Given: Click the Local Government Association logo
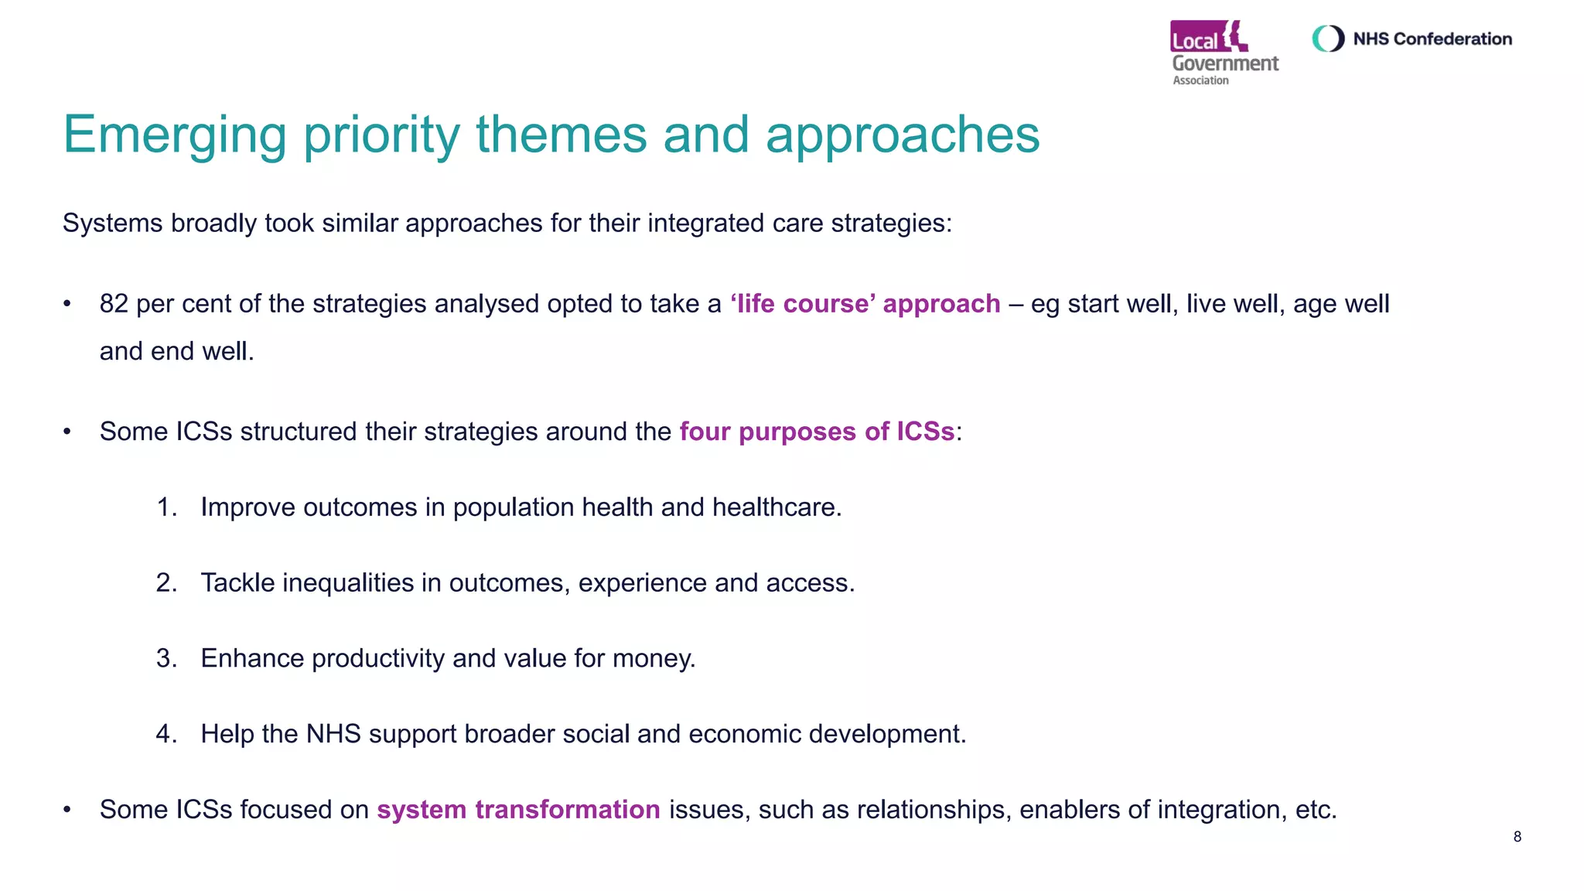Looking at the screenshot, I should pyautogui.click(x=1224, y=53).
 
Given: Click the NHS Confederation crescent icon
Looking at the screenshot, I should pyautogui.click(x=1328, y=39).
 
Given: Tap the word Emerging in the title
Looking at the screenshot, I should pyautogui.click(x=175, y=135).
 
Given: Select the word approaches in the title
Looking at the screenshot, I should pyautogui.click(x=903, y=135).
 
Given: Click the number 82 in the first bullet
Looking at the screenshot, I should pyautogui.click(x=114, y=304).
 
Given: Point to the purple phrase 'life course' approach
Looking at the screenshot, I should pyautogui.click(x=865, y=304).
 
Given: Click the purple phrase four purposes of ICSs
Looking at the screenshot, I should pyautogui.click(x=817, y=432).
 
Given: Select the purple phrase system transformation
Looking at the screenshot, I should pyautogui.click(x=518, y=810).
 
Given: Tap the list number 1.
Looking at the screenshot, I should pyautogui.click(x=166, y=507).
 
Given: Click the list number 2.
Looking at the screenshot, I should pyautogui.click(x=166, y=582).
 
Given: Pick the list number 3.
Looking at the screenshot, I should pyautogui.click(x=166, y=658).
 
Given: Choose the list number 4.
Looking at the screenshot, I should pyautogui.click(x=166, y=734).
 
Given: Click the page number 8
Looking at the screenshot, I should pyautogui.click(x=1517, y=837).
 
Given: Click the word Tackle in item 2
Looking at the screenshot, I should pyautogui.click(x=237, y=582).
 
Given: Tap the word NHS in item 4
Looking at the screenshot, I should pyautogui.click(x=333, y=734).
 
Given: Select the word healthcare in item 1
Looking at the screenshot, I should pyautogui.click(x=776, y=507).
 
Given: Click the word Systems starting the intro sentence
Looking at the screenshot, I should pyautogui.click(x=113, y=224).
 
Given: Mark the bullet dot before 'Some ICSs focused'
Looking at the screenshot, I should pyautogui.click(x=67, y=810).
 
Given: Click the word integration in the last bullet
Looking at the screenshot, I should pyautogui.click(x=1218, y=810).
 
